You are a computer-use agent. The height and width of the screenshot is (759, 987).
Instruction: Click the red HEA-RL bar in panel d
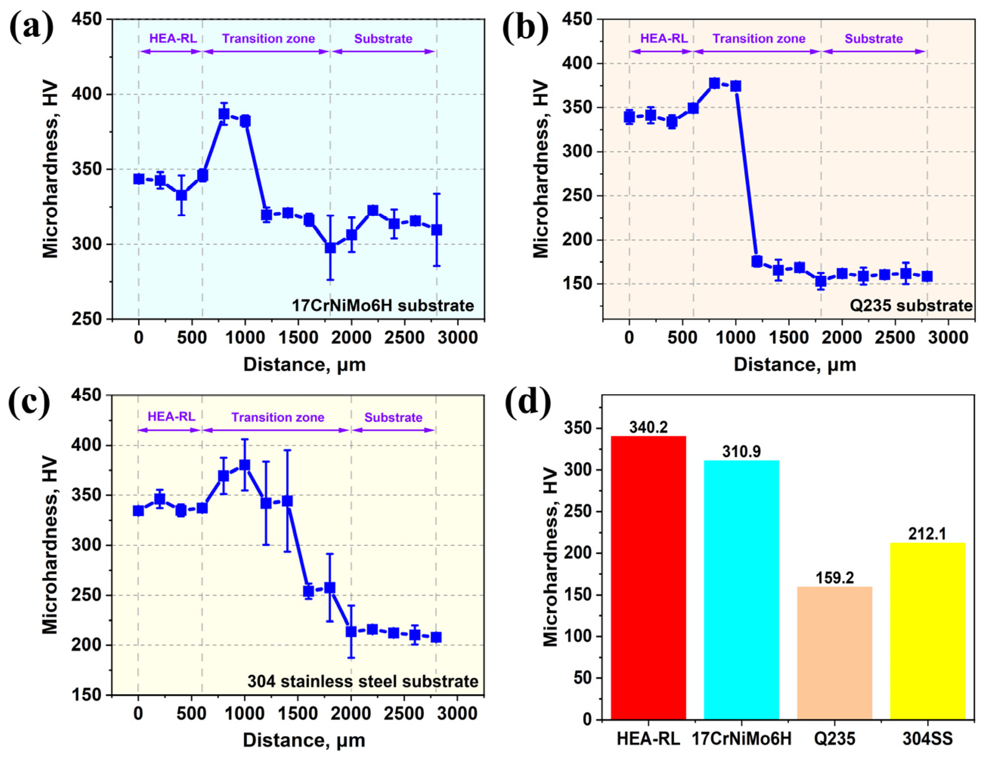[648, 578]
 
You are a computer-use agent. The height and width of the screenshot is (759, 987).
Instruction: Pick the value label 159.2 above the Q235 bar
[834, 578]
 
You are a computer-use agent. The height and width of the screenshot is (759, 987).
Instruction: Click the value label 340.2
[648, 428]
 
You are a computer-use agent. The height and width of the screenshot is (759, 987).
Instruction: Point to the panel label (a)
[31, 28]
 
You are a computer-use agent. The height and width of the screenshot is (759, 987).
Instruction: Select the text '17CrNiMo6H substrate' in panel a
[383, 306]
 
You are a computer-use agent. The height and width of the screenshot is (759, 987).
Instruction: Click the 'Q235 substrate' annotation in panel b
[911, 306]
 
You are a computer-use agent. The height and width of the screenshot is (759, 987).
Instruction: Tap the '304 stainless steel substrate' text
[363, 681]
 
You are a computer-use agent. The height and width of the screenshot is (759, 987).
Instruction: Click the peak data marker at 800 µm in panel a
[224, 114]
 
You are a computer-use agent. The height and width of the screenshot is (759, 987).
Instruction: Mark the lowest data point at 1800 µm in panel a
[330, 248]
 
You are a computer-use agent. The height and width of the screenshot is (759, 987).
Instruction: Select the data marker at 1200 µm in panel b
[757, 261]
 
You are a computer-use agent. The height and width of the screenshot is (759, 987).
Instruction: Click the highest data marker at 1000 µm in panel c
[244, 465]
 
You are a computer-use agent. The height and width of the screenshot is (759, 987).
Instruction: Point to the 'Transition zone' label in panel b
[759, 39]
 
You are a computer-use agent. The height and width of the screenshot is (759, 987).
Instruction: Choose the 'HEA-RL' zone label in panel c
[172, 416]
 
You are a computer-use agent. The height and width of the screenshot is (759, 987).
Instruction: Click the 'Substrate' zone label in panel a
[383, 39]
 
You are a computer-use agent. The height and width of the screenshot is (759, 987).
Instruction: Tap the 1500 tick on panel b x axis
[788, 338]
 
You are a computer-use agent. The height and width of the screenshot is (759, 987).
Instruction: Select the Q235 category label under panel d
[835, 739]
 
